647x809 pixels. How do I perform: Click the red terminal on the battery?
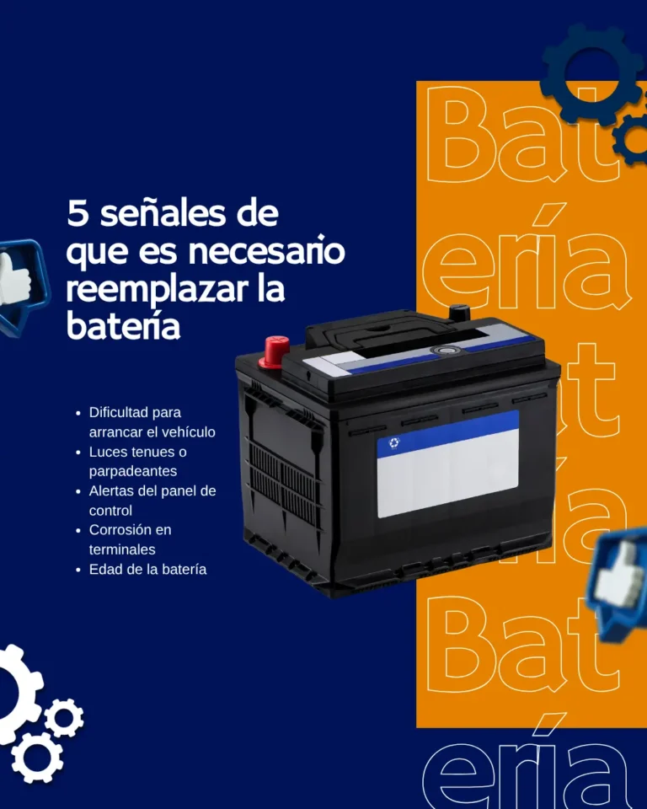275,348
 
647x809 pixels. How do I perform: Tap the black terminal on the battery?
459,313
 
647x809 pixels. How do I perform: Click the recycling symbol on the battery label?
393,443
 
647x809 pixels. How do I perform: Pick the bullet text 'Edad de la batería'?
147,570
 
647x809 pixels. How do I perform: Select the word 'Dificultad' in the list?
123,413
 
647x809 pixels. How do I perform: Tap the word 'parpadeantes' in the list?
133,472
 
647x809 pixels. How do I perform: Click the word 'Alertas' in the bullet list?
112,491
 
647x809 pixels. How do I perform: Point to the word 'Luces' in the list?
107,453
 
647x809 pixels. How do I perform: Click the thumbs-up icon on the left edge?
19,282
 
